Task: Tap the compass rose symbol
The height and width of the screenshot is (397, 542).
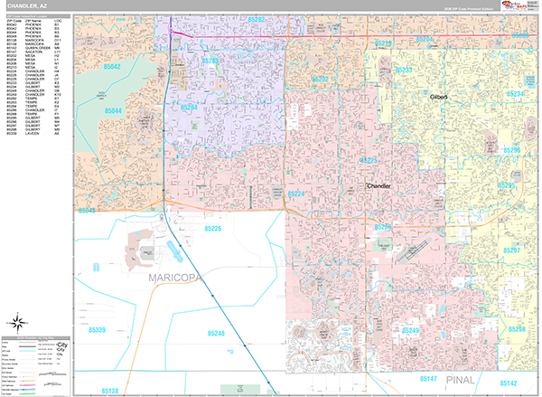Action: coord(17,323)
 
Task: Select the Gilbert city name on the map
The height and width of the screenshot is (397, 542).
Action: coord(439,95)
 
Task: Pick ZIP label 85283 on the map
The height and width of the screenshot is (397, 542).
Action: coord(210,61)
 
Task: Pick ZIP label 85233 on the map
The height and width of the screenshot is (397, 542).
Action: coord(403,70)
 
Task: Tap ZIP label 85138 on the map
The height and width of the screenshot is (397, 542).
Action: coord(107,391)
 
